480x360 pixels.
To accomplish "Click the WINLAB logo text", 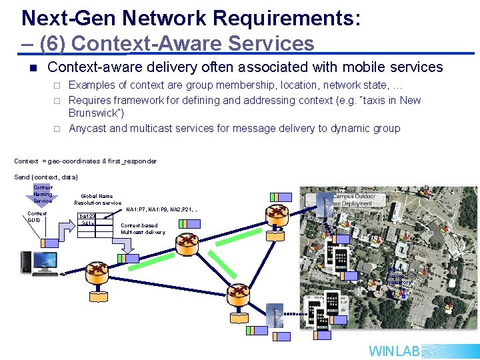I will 395,351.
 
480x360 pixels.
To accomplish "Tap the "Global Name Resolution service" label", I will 97,199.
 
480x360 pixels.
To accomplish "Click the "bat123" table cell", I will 87,216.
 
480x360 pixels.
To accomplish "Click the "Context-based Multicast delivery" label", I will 143,229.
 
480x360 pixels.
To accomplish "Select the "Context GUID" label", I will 37,217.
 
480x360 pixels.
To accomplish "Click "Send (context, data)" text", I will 46,177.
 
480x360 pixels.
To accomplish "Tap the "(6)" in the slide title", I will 53,43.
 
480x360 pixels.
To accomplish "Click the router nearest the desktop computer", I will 98,272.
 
